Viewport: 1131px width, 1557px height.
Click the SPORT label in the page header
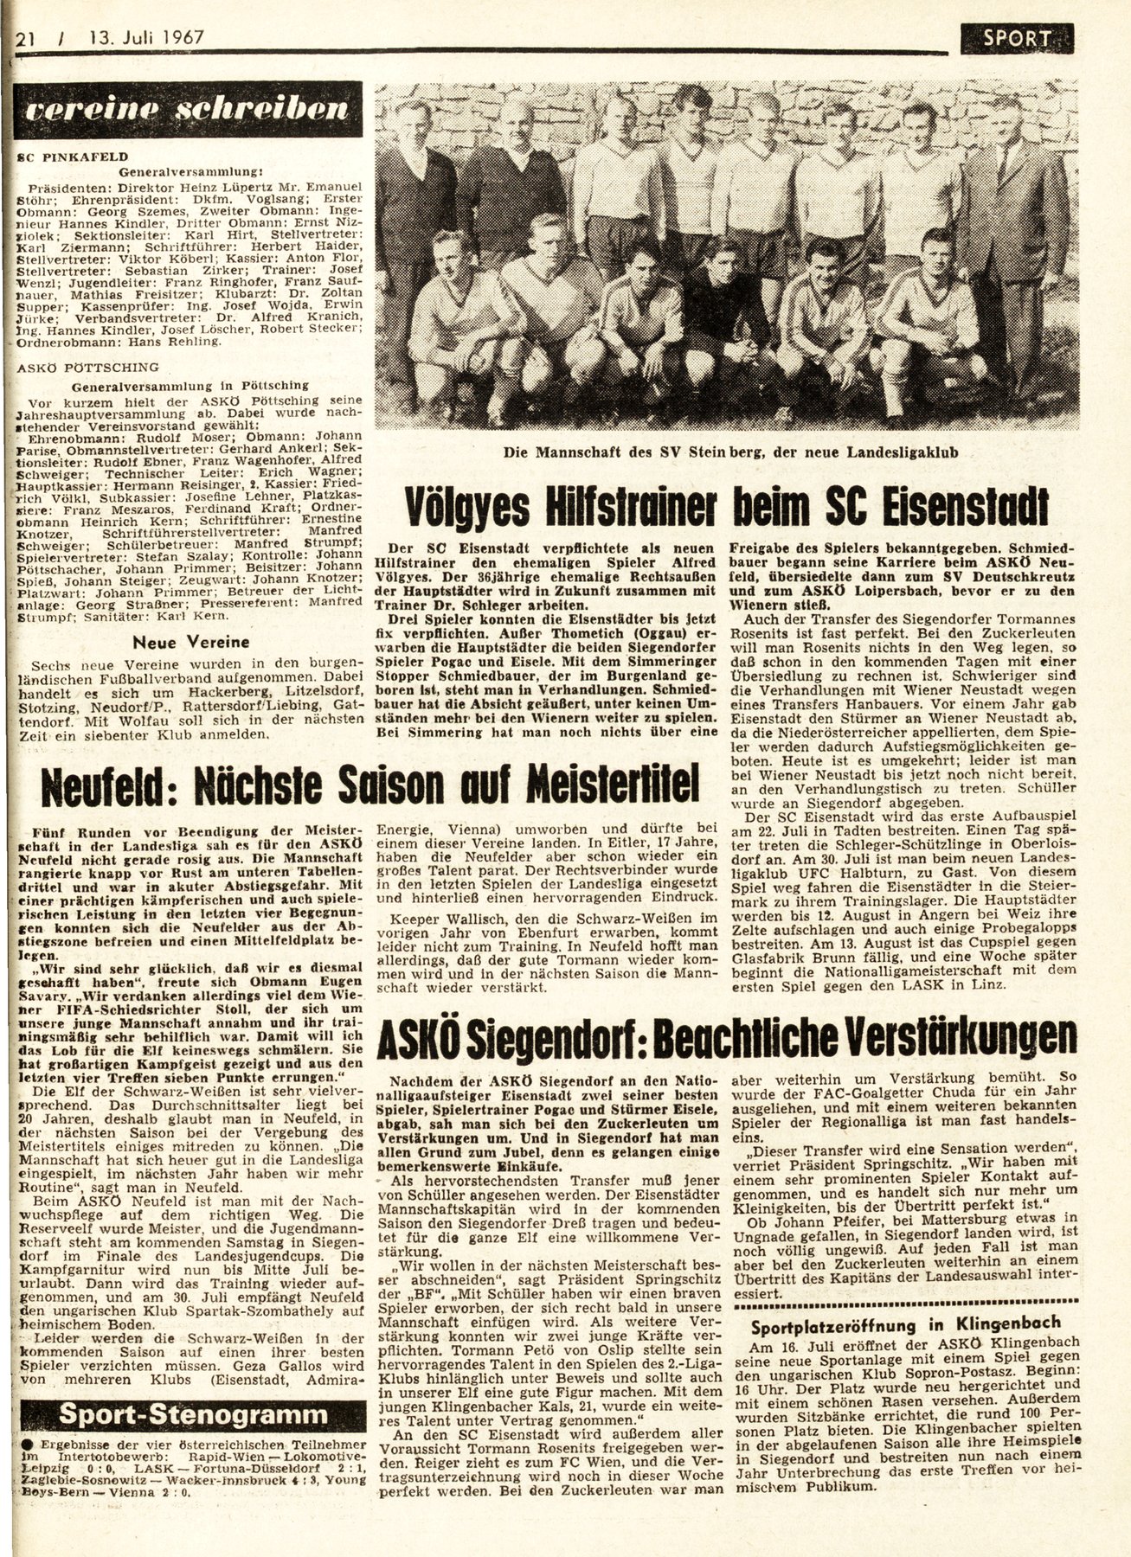point(1016,37)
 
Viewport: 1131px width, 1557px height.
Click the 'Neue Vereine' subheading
point(190,642)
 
